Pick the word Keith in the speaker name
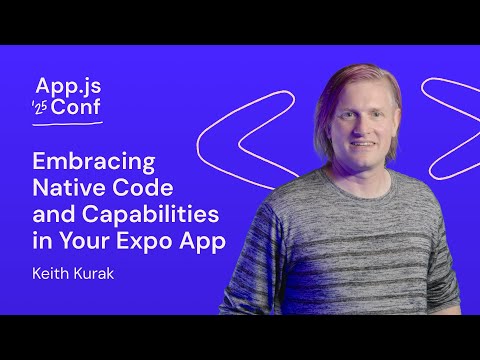pos(51,270)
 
